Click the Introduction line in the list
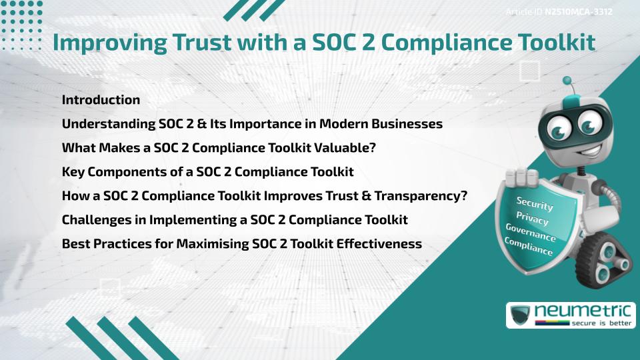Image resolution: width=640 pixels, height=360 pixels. tap(101, 100)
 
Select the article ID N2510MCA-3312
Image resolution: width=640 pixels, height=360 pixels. tap(579, 12)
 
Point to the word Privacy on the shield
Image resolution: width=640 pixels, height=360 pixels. tap(532, 219)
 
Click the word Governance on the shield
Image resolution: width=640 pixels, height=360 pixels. tap(531, 233)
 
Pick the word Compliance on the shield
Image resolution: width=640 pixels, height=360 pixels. tap(529, 247)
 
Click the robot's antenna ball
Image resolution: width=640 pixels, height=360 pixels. tap(567, 81)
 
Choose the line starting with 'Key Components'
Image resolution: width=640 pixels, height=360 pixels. tap(207, 172)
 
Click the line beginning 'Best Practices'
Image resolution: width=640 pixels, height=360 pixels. tap(241, 244)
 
